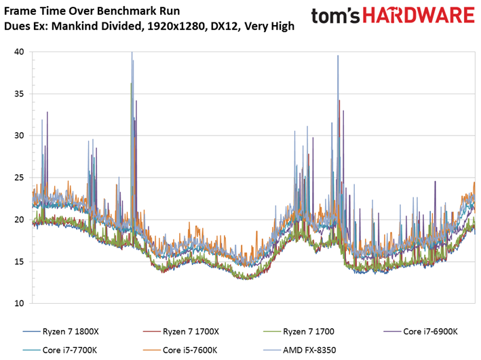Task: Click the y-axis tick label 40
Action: point(19,52)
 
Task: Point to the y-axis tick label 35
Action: point(19,94)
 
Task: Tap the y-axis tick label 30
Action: point(19,136)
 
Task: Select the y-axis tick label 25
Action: point(19,178)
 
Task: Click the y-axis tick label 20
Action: point(19,220)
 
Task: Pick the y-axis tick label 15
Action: point(19,262)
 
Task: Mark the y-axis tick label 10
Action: point(19,303)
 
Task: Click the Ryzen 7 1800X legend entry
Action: point(61,332)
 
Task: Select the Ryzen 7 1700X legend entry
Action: point(181,332)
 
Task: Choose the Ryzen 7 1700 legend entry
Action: point(299,332)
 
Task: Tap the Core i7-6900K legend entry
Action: point(421,332)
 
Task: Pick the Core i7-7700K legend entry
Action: point(60,350)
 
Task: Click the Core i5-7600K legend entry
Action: point(180,350)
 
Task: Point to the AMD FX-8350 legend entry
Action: point(300,350)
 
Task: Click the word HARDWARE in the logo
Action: point(419,16)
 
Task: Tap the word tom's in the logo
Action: point(336,16)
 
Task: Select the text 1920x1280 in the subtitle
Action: point(176,26)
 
